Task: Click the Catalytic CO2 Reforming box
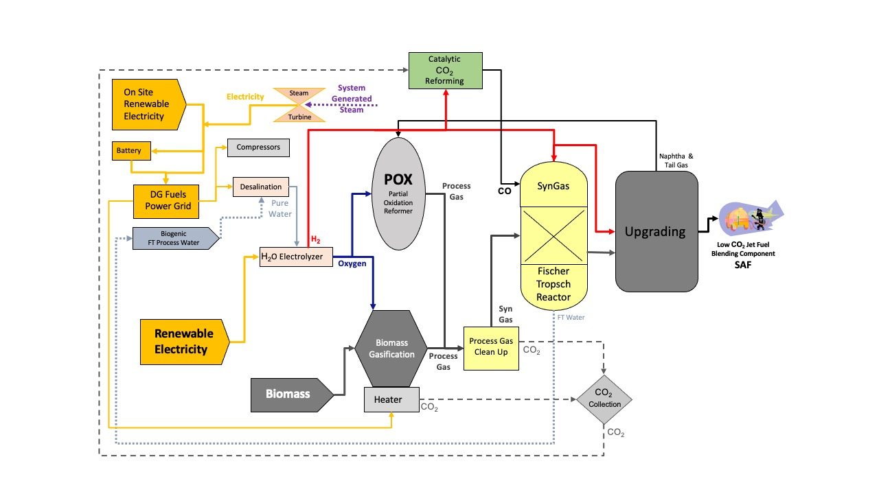(446, 70)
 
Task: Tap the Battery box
(131, 150)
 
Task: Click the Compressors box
(258, 148)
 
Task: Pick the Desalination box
(260, 187)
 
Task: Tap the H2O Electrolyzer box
(295, 257)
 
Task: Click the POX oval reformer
(398, 193)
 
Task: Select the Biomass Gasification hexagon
(391, 349)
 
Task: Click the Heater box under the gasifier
(391, 399)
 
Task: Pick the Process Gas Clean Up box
(491, 346)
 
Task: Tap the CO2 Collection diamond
(604, 399)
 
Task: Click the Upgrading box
(656, 231)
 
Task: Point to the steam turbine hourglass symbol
(299, 104)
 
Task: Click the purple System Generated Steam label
(352, 99)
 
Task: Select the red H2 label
(316, 239)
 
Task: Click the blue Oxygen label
(352, 263)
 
